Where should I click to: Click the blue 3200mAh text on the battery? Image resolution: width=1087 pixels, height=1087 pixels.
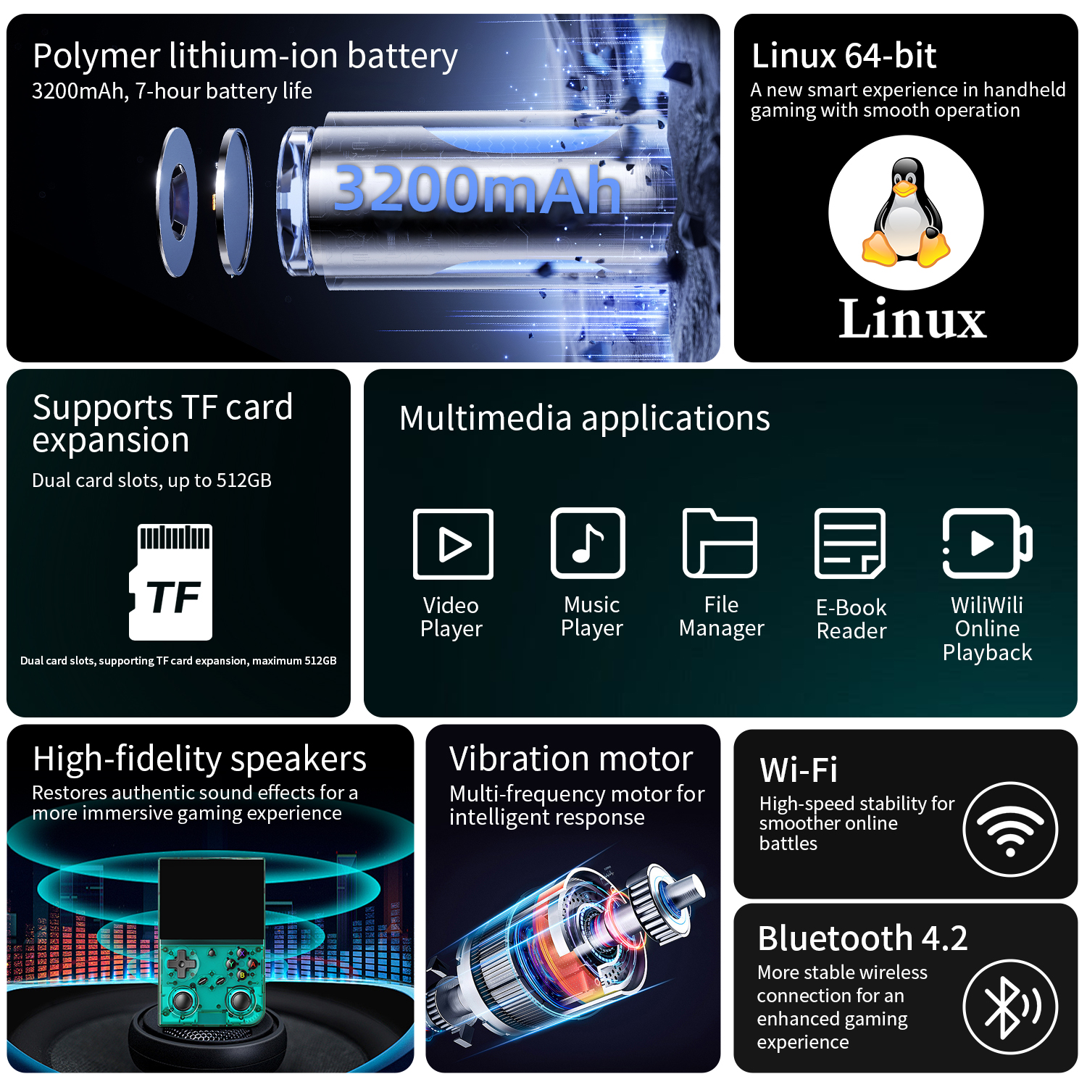(x=477, y=188)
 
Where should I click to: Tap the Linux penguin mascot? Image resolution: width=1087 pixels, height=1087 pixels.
(x=906, y=212)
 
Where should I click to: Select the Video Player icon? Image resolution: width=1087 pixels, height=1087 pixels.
(x=453, y=543)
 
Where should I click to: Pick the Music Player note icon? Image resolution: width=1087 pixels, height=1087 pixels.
(x=588, y=543)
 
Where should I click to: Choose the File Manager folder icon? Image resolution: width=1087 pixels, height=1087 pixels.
(x=720, y=543)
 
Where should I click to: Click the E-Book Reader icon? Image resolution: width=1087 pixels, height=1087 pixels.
(x=850, y=543)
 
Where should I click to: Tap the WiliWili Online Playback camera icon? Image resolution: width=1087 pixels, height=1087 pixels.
(x=987, y=543)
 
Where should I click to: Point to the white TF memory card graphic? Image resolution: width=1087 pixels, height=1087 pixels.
(x=171, y=582)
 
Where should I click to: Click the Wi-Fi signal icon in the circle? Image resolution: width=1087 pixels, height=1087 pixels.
(x=1010, y=829)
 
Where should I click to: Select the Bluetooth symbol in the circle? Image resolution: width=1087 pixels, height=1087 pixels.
(x=1010, y=1007)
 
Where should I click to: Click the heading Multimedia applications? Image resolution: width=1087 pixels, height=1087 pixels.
(x=585, y=419)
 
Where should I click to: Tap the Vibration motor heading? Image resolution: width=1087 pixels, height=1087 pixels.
(x=571, y=759)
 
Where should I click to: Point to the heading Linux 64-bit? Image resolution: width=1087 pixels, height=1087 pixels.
(x=844, y=56)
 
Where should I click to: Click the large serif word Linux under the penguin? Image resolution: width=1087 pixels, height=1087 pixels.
(x=912, y=318)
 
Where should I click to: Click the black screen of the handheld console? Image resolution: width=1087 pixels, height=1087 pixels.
(x=212, y=899)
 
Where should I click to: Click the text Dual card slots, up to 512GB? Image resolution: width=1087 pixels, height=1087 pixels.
(x=152, y=480)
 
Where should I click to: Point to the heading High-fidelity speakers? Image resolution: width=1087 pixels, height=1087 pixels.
(x=200, y=759)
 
